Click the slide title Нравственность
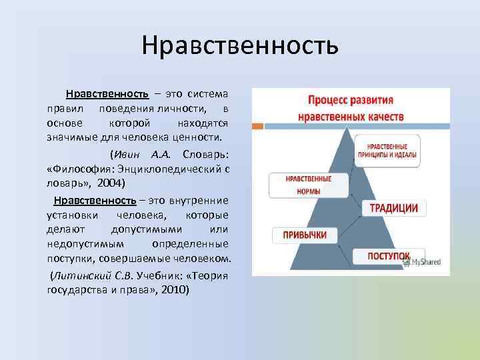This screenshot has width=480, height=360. tap(240, 47)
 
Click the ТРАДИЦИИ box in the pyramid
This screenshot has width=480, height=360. tap(394, 208)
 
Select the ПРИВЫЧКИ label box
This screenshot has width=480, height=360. tap(304, 235)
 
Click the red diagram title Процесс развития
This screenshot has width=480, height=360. tap(349, 101)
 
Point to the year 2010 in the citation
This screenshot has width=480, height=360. tap(175, 290)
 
